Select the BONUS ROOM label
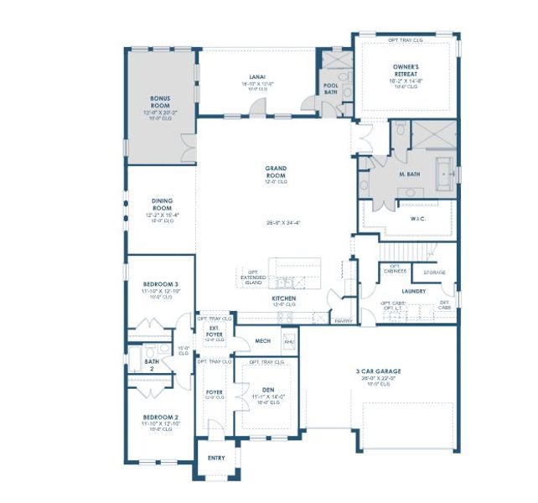(x=160, y=101)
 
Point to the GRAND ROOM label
(x=277, y=170)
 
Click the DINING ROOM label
(x=162, y=204)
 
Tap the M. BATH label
(x=409, y=174)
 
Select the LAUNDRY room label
(x=413, y=291)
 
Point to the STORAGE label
(x=434, y=272)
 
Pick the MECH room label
(x=262, y=340)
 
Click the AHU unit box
(x=290, y=341)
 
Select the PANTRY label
(x=343, y=321)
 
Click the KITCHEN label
(x=283, y=298)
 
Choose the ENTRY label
(x=216, y=459)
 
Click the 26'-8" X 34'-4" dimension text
(x=277, y=222)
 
